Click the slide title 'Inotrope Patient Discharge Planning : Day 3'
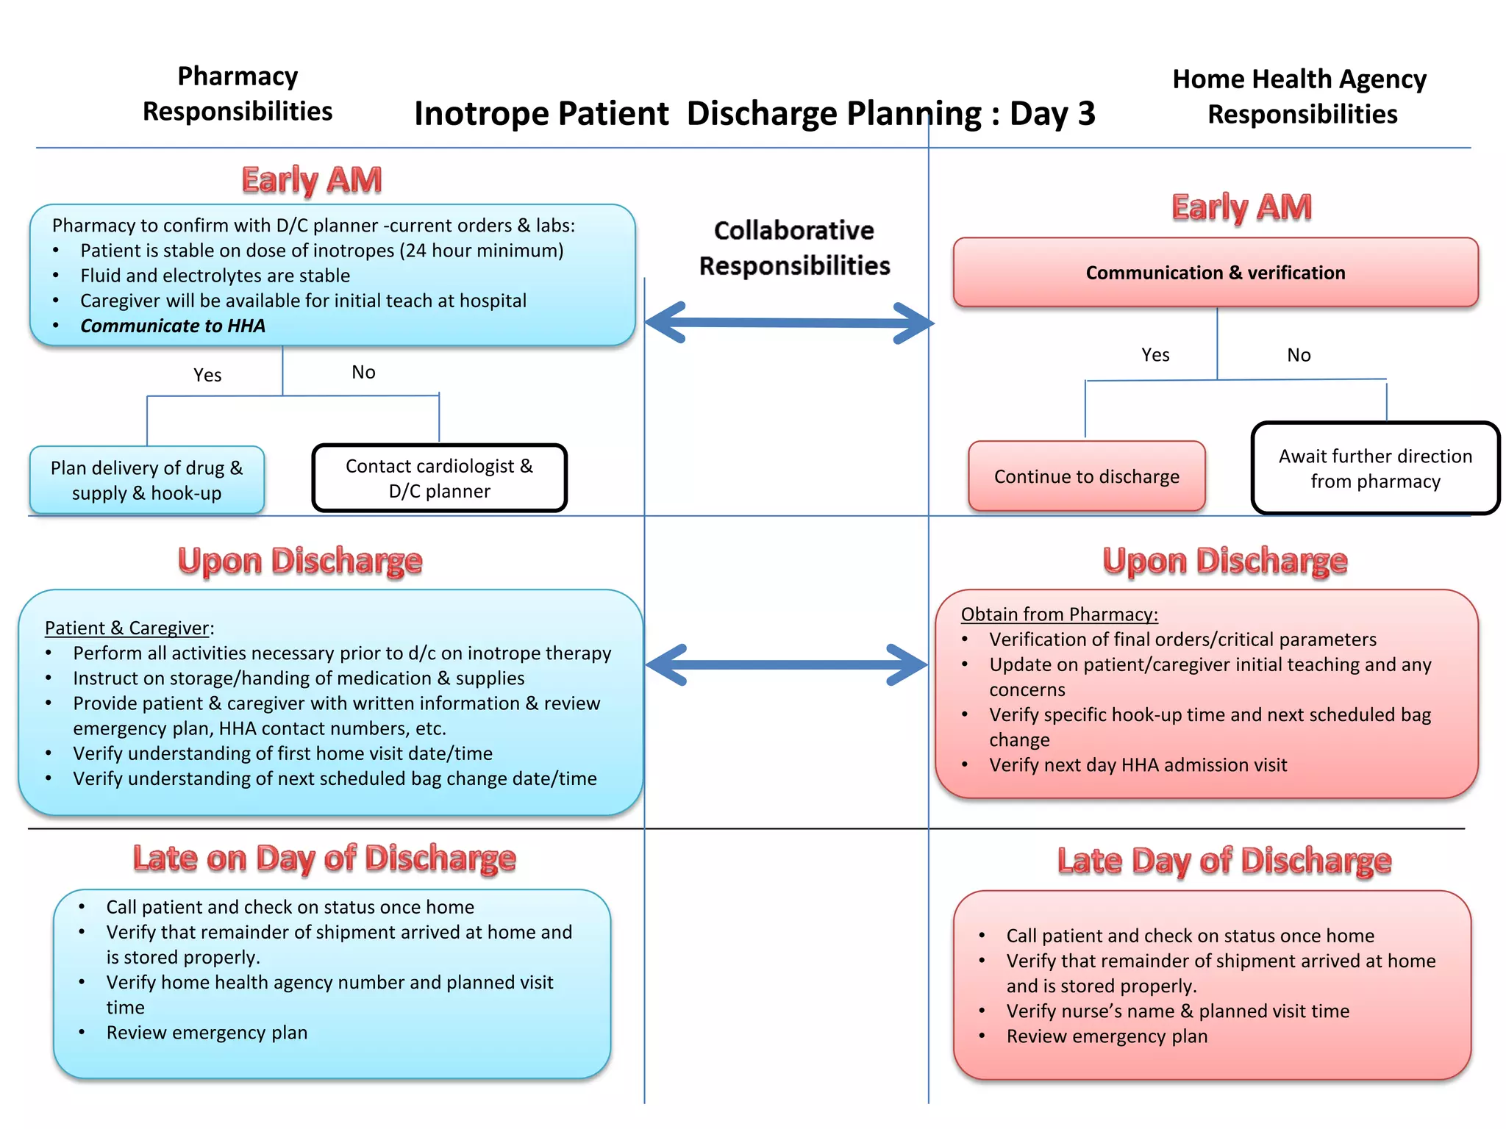click(x=754, y=114)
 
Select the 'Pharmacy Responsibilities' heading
click(x=238, y=94)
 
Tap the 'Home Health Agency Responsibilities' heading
click(x=1300, y=96)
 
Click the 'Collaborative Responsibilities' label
click(x=794, y=248)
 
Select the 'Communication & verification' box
click(x=1215, y=273)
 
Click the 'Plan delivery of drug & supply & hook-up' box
click(x=146, y=480)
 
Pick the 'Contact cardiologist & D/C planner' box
click(x=439, y=479)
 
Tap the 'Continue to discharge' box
click(x=1086, y=476)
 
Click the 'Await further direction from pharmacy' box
click(x=1374, y=468)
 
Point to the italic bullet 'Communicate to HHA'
click(x=173, y=326)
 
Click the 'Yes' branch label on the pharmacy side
click(x=207, y=375)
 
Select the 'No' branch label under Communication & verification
click(x=1298, y=355)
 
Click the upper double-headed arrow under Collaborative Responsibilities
click(x=788, y=323)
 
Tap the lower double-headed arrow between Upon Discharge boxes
click(x=785, y=664)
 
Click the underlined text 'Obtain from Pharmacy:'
click(x=1059, y=614)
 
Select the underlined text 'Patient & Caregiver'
click(x=127, y=628)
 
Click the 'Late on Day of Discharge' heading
click(x=324, y=859)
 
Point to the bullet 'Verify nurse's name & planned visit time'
click(x=1177, y=1011)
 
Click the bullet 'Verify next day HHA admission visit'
click(x=1138, y=764)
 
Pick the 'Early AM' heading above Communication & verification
click(x=1241, y=207)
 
